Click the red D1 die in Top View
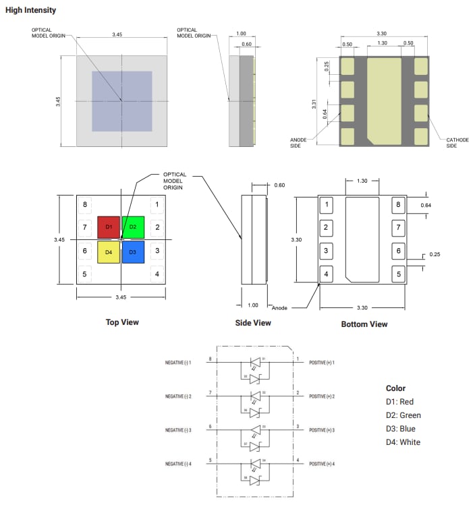pos(109,227)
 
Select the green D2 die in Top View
pos(133,227)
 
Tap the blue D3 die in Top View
pos(133,251)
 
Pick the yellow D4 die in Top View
pos(109,251)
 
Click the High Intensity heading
pos(31,10)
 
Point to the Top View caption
pos(122,322)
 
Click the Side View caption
pos(253,323)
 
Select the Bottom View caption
pos(364,324)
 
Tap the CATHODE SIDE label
pos(457,142)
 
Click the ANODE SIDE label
pos(298,142)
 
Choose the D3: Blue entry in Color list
pos(401,429)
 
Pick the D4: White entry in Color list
pos(403,442)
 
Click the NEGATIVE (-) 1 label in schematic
pos(179,363)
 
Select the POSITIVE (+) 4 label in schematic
pos(322,464)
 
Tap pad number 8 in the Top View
pos(85,204)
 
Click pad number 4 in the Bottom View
pos(327,274)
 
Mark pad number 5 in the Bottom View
pos(398,274)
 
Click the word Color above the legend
pos(395,388)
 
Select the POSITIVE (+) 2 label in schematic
pos(322,396)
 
